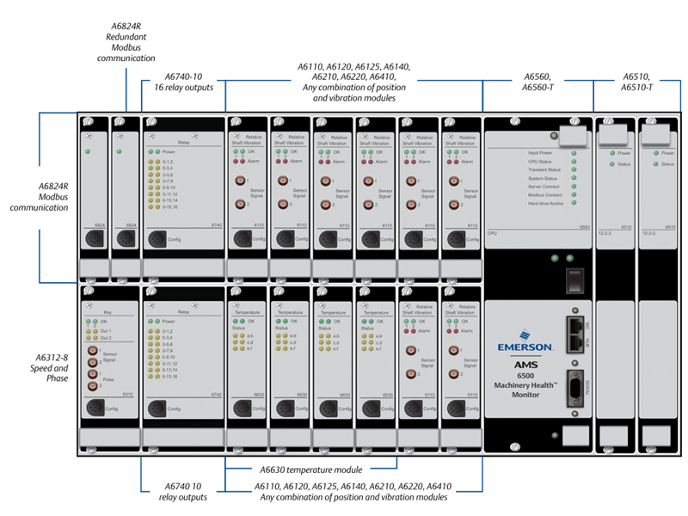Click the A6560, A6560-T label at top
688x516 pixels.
coord(538,83)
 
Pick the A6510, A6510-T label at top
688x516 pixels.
coord(636,83)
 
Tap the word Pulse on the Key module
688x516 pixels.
coord(109,378)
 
